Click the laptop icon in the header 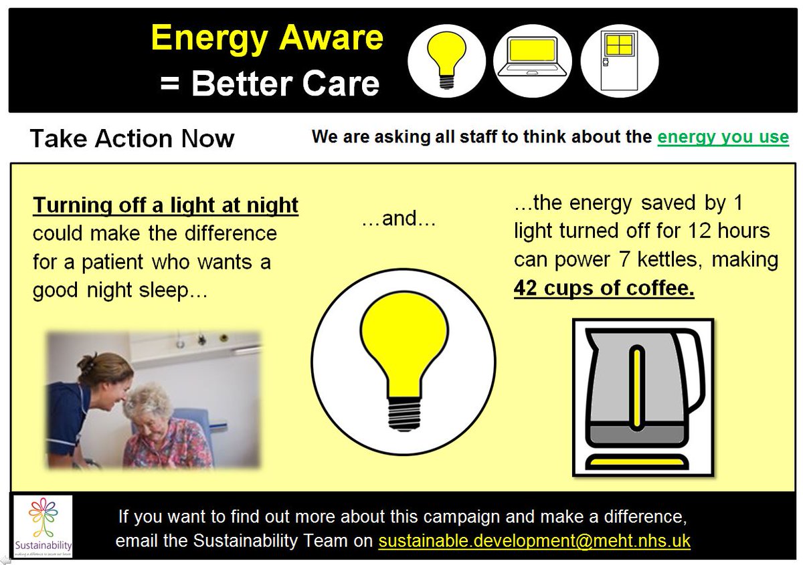click(x=532, y=60)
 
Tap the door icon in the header click(x=619, y=60)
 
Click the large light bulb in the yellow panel click(x=403, y=361)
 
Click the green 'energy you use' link click(x=723, y=137)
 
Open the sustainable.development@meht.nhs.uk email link click(x=534, y=540)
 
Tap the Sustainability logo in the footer click(x=42, y=526)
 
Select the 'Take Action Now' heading click(x=132, y=138)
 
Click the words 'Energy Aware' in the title click(x=267, y=38)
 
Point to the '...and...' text click(x=398, y=219)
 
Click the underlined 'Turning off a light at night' click(x=165, y=205)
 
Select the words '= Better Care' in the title click(x=269, y=84)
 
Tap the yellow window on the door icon click(x=619, y=45)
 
